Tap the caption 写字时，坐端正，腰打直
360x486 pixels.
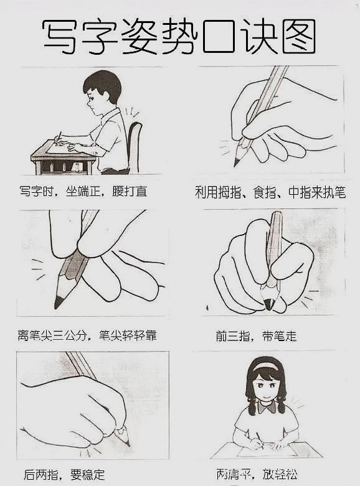[83, 191]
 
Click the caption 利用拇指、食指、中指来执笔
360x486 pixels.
[270, 192]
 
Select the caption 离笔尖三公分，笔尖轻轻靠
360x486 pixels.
[87, 336]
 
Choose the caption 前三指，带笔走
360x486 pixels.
[256, 336]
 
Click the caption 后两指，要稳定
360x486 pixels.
[64, 475]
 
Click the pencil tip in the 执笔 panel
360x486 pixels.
[237, 162]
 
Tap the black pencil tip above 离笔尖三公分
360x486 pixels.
[58, 303]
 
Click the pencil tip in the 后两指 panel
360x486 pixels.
[128, 444]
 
